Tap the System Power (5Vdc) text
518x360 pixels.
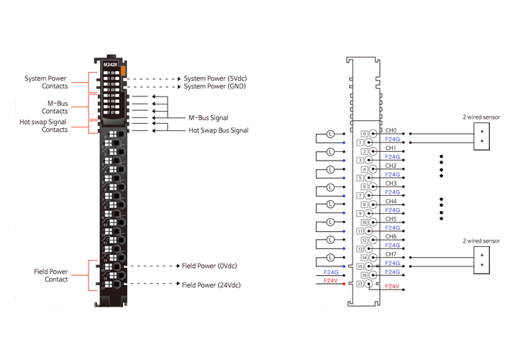pos(215,78)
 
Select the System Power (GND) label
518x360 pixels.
pos(214,86)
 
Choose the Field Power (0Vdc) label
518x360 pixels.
pos(209,266)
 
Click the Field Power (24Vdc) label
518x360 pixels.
pos(211,285)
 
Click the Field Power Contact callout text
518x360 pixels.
pos(50,276)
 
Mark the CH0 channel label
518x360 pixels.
pos(391,130)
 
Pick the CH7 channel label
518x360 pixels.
pos(391,254)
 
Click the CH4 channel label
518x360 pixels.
pos(391,202)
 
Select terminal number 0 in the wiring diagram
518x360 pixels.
pos(364,134)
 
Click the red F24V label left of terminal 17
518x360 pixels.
pos(332,282)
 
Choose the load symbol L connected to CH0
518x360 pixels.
pos(330,134)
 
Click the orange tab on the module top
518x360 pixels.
pos(124,71)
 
